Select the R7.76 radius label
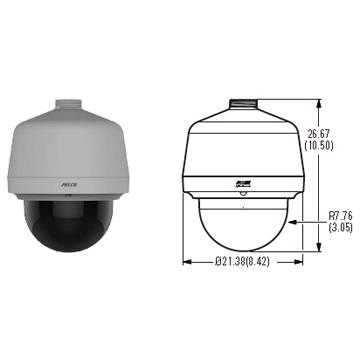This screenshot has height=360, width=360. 341,214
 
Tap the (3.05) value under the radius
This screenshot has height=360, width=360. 341,227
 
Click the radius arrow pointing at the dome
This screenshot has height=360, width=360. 299,222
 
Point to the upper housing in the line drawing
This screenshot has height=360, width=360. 243,145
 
